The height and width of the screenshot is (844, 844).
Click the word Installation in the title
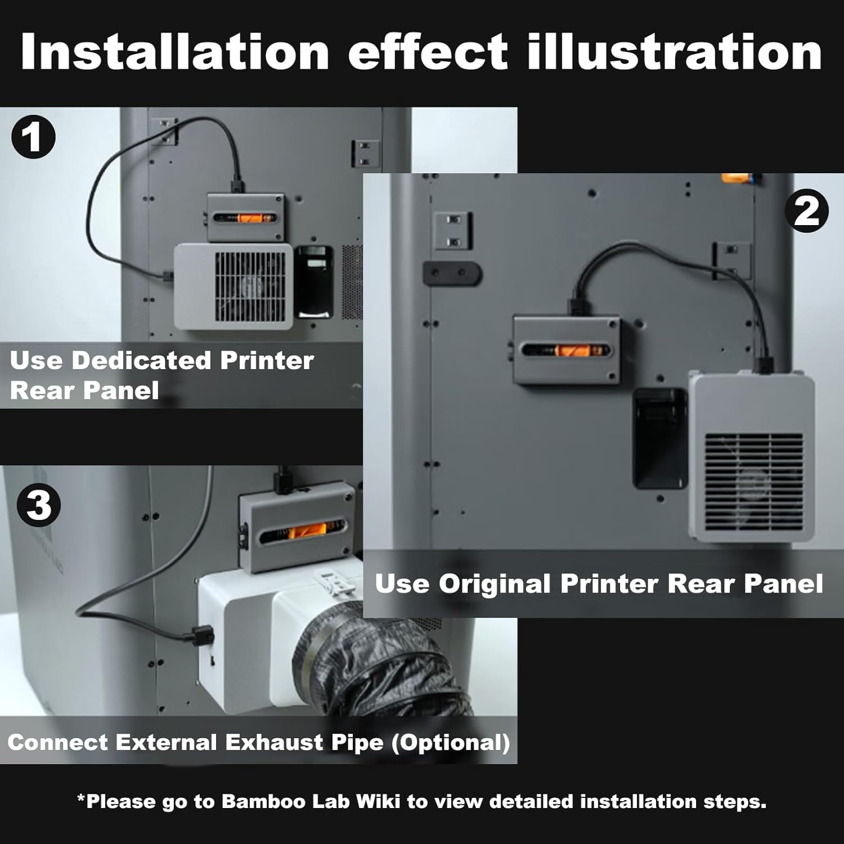(x=174, y=52)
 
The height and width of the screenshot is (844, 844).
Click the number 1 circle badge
(x=33, y=137)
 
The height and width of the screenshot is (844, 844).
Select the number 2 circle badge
(x=806, y=211)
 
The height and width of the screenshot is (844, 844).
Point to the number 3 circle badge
(x=38, y=505)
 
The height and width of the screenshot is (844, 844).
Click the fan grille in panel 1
(x=250, y=286)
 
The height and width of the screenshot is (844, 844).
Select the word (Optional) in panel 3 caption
(x=451, y=743)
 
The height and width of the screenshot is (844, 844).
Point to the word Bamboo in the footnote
(x=257, y=801)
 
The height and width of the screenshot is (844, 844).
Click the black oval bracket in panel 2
(x=452, y=273)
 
